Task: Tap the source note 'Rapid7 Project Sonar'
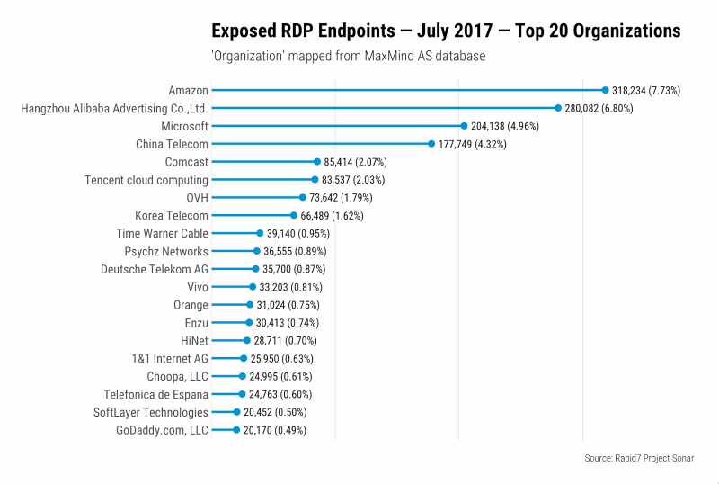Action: pos(638,458)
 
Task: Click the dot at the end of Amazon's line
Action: pos(605,90)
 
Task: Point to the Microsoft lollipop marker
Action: pos(464,126)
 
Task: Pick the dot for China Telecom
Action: pos(431,144)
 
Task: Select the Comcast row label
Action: pos(186,162)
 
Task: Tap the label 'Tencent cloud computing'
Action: pos(146,180)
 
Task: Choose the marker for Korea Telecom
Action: pos(294,215)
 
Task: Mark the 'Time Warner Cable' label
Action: pos(163,233)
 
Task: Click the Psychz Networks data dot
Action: pos(256,251)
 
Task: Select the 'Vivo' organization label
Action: pos(197,287)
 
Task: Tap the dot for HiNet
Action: pos(246,340)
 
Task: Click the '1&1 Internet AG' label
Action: pos(170,358)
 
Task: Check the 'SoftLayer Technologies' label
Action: pos(151,412)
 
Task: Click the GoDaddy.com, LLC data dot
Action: pos(236,430)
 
